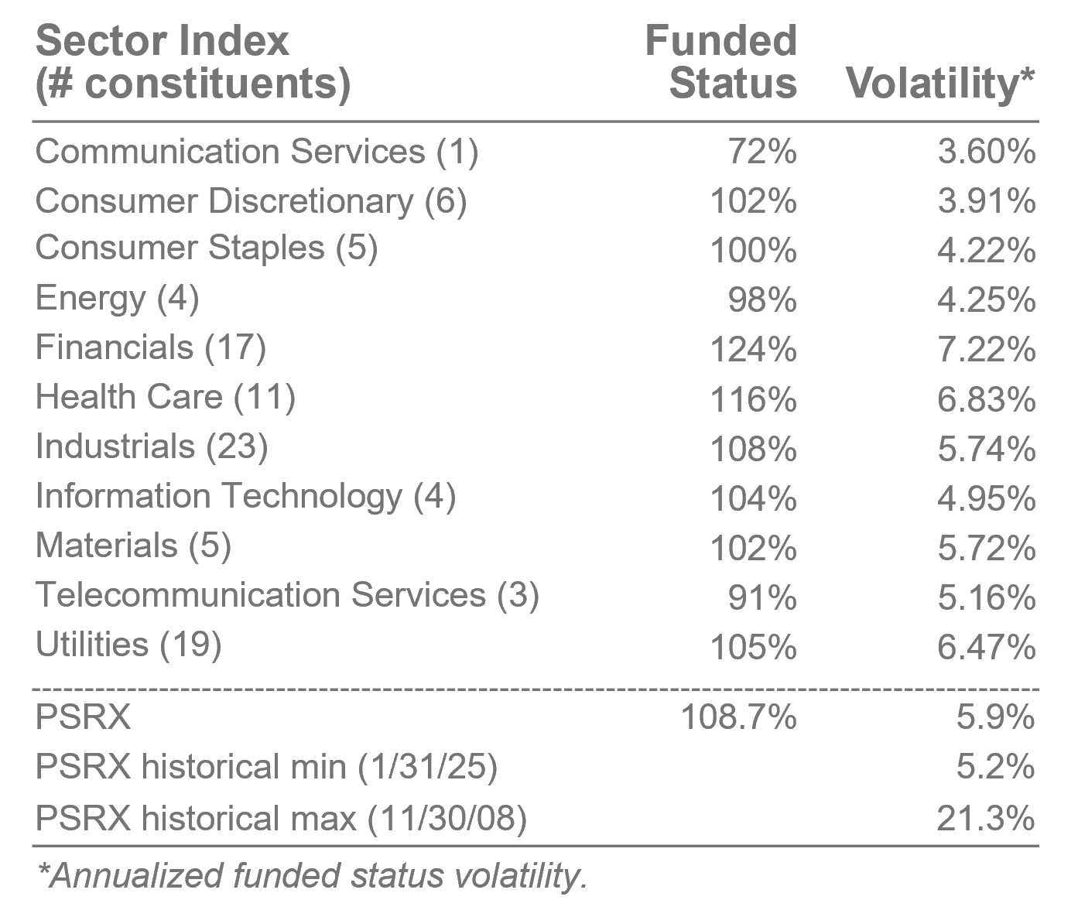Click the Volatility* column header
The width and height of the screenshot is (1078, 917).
coord(939,83)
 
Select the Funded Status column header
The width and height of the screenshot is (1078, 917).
coord(721,62)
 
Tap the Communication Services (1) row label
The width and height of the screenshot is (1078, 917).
coord(257,152)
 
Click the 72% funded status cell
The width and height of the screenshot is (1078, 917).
coord(762,152)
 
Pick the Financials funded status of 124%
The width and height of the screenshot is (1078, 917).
coord(753,350)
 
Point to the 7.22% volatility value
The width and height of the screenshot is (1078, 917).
coord(986,350)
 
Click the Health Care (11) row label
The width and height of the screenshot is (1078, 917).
coord(166,398)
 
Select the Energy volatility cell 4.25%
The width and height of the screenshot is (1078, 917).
coord(986,300)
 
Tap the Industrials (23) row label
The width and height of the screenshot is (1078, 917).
coord(152,447)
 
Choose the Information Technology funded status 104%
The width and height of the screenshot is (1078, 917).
coord(753,498)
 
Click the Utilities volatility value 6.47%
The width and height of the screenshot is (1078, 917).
coord(986,647)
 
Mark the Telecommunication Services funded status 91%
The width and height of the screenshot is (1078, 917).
coord(762,597)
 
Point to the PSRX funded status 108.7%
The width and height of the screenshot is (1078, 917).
coord(737,717)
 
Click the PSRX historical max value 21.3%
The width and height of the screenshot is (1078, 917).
coord(985,818)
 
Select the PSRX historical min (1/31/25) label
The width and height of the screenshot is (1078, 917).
coord(266,767)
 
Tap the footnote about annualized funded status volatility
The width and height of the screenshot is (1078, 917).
coord(312,876)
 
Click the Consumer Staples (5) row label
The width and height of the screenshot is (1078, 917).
coord(207,249)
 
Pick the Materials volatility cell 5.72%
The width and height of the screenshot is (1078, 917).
coord(986,548)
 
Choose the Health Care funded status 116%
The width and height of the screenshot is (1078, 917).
coord(753,399)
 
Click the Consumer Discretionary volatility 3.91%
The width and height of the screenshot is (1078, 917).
coord(986,201)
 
